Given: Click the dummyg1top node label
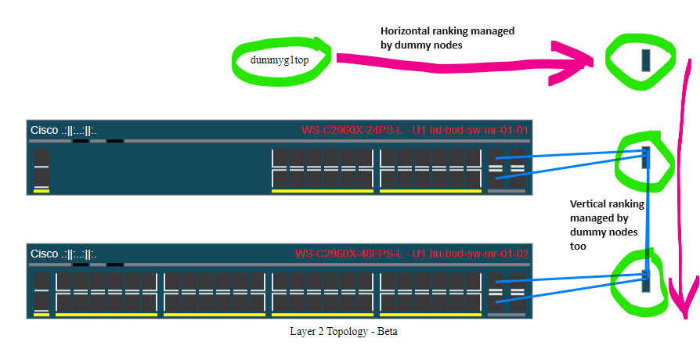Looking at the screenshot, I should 280,60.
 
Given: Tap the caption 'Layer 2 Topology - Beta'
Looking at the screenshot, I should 344,332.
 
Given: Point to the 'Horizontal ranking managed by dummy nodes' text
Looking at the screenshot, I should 447,38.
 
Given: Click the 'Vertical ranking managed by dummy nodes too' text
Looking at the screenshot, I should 608,225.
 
